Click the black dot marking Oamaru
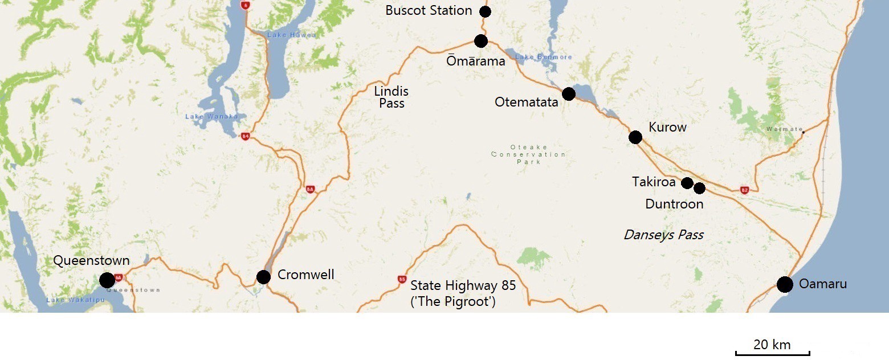[x=785, y=284]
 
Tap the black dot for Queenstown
[x=107, y=280]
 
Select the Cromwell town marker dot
[x=263, y=277]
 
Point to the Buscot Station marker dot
[x=485, y=11]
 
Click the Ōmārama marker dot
[x=481, y=41]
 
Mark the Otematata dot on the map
[x=568, y=94]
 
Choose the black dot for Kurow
[x=635, y=137]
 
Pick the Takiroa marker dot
[x=687, y=183]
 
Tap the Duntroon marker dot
[x=699, y=188]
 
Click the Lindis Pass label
[x=391, y=97]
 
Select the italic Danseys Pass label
[x=663, y=235]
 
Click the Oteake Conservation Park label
[x=528, y=154]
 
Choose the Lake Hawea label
[x=284, y=35]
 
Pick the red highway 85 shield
[x=402, y=280]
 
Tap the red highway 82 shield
[x=744, y=190]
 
